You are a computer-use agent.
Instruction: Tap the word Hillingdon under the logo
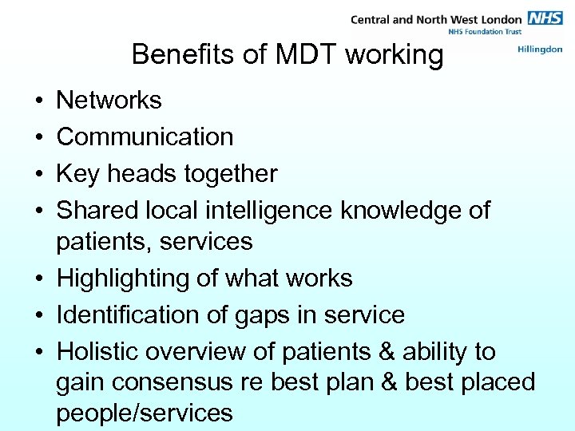540,49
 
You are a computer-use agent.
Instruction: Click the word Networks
109,101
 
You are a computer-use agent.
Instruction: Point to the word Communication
145,137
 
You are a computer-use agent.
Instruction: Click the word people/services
145,413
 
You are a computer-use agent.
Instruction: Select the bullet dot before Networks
38,101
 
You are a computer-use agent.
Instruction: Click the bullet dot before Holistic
38,353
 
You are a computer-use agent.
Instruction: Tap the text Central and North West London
435,18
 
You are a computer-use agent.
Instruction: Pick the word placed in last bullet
499,383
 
